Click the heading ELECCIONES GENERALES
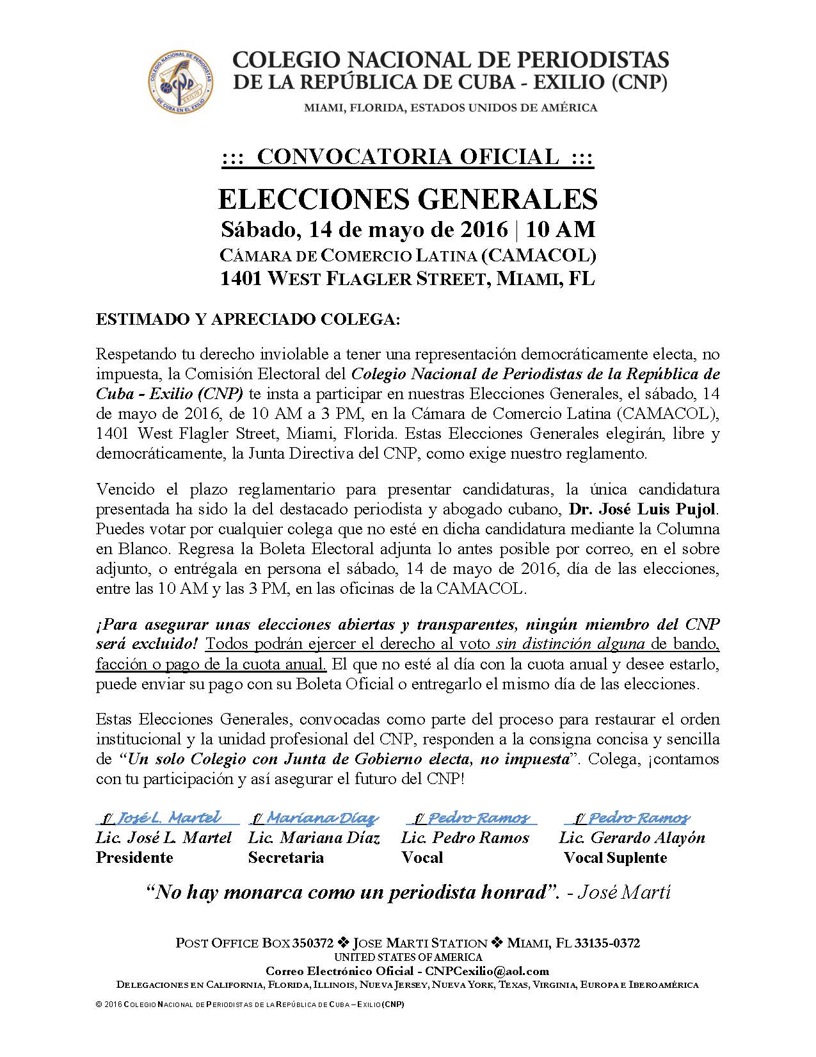[408, 199]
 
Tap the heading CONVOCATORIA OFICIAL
[408, 156]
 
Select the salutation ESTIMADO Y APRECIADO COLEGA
[247, 320]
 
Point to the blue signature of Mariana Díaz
[314, 818]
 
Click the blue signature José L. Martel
[168, 817]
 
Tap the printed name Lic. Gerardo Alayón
[632, 838]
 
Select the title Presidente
[134, 858]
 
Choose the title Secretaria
[286, 858]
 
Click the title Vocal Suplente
[615, 858]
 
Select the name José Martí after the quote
[624, 892]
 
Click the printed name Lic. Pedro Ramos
[465, 838]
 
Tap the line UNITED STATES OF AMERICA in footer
[408, 957]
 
